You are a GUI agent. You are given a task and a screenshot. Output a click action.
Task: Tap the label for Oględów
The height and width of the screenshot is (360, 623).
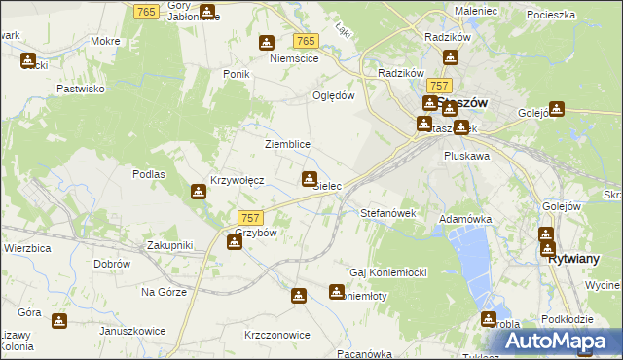tap(331, 95)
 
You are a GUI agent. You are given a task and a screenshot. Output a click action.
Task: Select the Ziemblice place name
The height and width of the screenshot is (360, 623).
tap(287, 144)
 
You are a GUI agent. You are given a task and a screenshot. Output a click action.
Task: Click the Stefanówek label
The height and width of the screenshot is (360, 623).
tap(388, 212)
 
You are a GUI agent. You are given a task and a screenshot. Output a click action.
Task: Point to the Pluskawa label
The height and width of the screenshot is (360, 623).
tap(465, 155)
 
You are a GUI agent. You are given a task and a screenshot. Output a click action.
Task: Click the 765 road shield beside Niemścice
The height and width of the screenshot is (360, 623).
tap(306, 40)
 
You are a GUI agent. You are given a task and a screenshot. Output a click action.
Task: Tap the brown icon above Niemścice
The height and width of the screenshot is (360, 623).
tap(267, 43)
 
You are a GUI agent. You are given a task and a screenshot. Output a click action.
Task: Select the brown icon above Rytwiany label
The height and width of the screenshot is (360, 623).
tap(546, 234)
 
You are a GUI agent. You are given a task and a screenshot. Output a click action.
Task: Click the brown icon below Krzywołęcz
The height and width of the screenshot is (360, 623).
tap(199, 192)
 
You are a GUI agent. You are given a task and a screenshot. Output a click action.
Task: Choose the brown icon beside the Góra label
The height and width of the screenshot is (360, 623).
tap(59, 319)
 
